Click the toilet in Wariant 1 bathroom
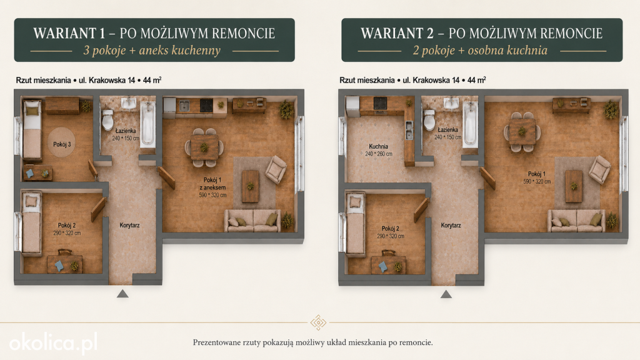[x=107, y=119]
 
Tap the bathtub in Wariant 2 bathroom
[x=470, y=123]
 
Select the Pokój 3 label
[x=62, y=144]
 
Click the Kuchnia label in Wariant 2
[x=378, y=146]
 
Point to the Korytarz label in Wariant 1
[x=129, y=225]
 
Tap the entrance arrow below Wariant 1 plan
[x=122, y=294]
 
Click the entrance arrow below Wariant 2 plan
[x=446, y=294]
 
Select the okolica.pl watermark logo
[x=54, y=342]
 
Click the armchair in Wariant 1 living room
[x=276, y=169]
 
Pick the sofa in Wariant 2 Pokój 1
[x=577, y=221]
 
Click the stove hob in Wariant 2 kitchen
[x=380, y=103]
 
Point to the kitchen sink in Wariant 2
[x=409, y=130]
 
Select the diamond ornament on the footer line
[x=318, y=322]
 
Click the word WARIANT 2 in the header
[x=397, y=33]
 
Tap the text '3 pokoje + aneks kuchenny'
[x=152, y=50]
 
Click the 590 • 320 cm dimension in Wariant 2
[x=537, y=181]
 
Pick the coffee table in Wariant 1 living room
[x=250, y=186]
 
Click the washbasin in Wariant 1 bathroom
[x=129, y=103]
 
